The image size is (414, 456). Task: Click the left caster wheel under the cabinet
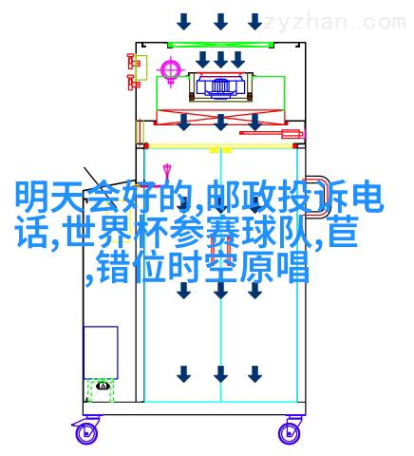tap(85, 432)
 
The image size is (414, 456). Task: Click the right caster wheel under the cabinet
tap(290, 432)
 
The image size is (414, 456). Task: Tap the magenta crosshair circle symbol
tap(171, 69)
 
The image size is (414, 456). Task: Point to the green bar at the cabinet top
tap(220, 46)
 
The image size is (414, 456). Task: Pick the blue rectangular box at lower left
tap(101, 352)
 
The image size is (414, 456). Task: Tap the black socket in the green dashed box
tap(103, 386)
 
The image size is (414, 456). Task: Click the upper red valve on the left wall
tap(132, 61)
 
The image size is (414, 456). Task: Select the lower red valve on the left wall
tap(132, 82)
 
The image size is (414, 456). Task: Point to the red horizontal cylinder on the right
tap(272, 133)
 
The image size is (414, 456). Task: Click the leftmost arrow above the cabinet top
tap(184, 22)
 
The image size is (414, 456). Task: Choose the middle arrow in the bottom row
tap(220, 374)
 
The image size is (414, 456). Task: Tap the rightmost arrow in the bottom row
tap(254, 374)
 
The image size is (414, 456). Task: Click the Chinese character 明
tap(32, 197)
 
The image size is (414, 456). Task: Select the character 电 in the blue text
tap(367, 197)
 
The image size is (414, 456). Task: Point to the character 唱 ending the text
tap(292, 267)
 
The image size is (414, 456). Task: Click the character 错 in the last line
tap(113, 267)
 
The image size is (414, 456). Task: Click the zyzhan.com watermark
tap(335, 22)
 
